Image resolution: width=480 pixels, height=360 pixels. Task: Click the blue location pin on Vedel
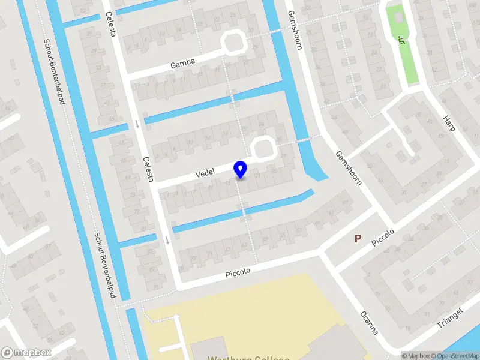point(241,169)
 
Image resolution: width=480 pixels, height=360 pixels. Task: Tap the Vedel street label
point(205,173)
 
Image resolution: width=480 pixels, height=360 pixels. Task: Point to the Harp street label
point(450,123)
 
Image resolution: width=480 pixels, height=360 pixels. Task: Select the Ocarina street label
point(368,323)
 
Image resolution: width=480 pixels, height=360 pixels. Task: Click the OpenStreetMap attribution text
point(458,356)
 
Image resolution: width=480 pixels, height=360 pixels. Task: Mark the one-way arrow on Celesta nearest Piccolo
point(167,240)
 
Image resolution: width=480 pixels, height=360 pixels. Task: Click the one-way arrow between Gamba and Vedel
point(138,124)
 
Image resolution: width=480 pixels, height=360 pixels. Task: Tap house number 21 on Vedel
point(259,176)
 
